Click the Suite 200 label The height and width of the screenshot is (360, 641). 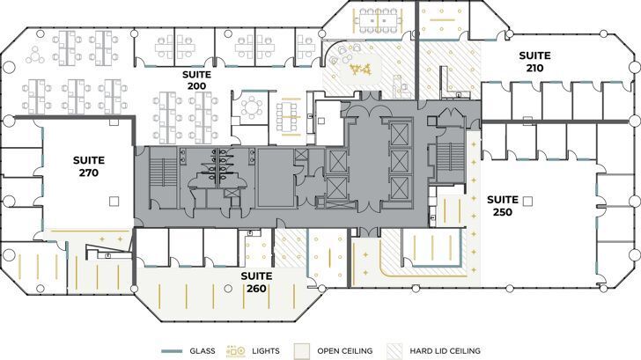point(195,81)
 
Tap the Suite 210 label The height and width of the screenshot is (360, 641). point(534,62)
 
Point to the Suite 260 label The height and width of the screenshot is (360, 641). point(258,282)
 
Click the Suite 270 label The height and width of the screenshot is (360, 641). point(89,166)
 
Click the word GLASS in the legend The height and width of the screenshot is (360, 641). point(203,351)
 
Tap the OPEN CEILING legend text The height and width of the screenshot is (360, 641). point(345,351)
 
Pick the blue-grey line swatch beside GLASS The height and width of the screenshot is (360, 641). point(173,351)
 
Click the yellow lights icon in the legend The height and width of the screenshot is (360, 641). point(236,351)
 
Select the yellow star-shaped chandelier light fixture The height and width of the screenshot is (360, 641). point(359,68)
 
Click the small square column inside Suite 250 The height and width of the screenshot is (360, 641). point(527,202)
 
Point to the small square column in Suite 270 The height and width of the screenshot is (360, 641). point(113,201)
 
